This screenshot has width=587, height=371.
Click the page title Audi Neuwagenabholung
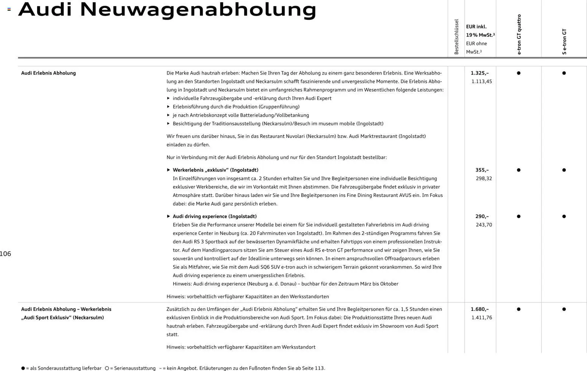(167, 9)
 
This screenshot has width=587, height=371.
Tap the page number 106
(6, 254)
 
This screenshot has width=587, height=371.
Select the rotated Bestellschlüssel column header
(456, 37)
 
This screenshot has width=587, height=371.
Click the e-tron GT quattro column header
(519, 34)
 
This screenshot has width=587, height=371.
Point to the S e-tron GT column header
(564, 42)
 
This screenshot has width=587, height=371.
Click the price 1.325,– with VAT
(480, 73)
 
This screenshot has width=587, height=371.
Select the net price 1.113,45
(481, 81)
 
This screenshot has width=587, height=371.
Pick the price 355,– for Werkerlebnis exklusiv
(482, 170)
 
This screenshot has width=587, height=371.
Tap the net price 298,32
(484, 178)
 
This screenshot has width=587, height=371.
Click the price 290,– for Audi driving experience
(482, 216)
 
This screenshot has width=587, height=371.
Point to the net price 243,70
(484, 225)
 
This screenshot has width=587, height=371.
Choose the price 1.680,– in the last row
(480, 309)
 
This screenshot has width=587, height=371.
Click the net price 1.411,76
(481, 318)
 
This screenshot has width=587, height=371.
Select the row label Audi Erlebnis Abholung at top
(48, 73)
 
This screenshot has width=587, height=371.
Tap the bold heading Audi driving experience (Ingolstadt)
(215, 216)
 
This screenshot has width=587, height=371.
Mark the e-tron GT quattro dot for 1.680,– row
(518, 309)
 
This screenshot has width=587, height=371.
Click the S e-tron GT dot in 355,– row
(564, 170)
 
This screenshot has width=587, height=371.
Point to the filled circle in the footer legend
(23, 368)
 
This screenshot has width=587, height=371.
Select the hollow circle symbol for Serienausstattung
(107, 368)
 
